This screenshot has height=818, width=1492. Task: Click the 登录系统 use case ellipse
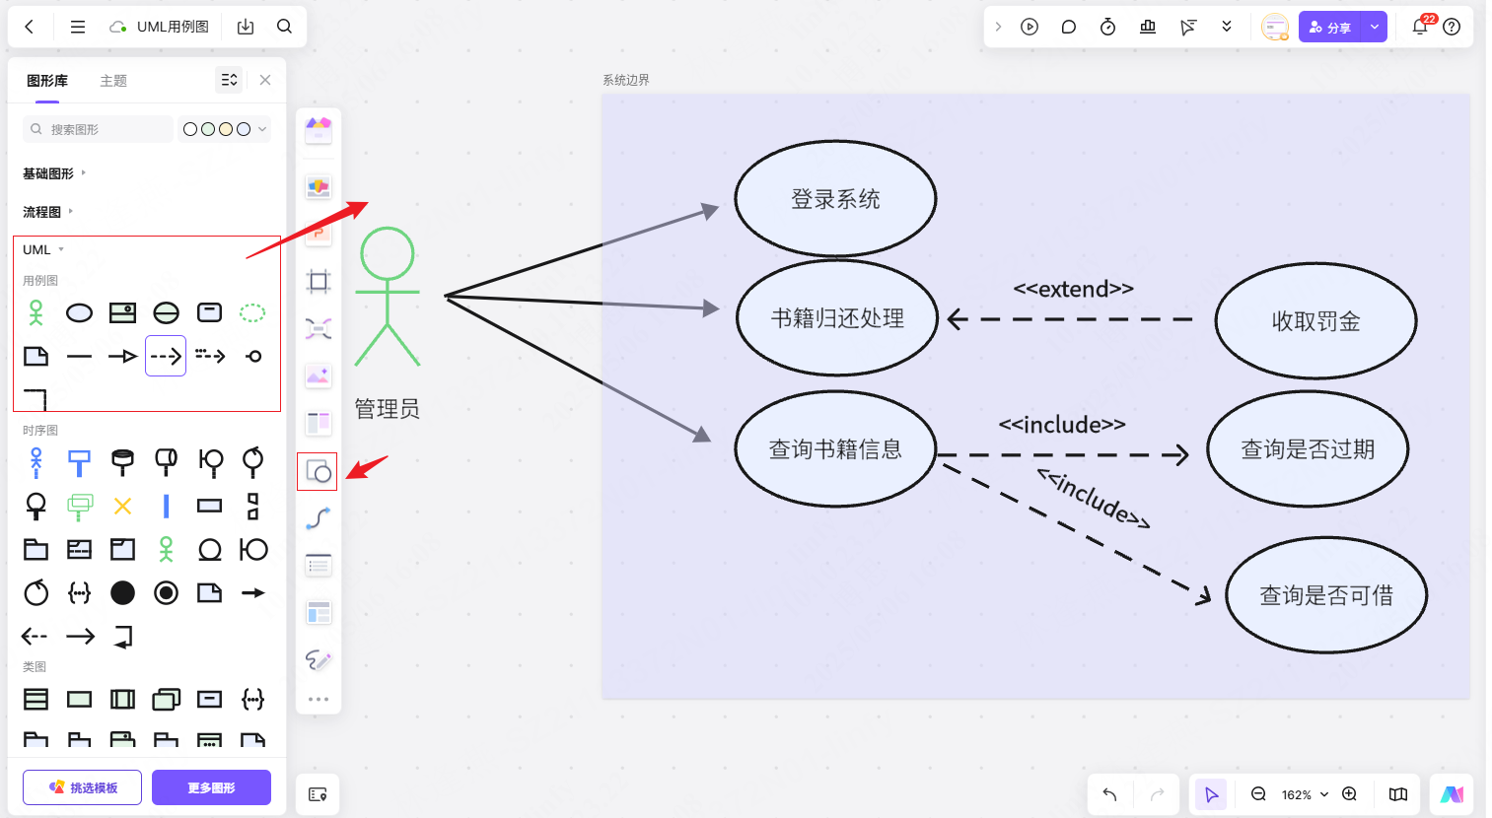(x=835, y=199)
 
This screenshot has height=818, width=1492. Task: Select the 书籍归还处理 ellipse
(x=836, y=318)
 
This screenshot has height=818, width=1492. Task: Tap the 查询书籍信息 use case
(x=835, y=449)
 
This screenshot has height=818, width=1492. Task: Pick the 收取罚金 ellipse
(x=1315, y=321)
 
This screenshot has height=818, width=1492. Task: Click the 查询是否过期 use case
(x=1308, y=449)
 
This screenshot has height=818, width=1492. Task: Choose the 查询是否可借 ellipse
(x=1326, y=595)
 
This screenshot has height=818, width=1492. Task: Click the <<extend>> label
(x=1073, y=289)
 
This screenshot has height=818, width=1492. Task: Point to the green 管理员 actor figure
(x=388, y=296)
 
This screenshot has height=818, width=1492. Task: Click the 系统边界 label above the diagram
(x=626, y=80)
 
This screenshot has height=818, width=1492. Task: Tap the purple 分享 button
(x=1330, y=28)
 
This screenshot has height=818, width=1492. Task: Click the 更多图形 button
(x=211, y=787)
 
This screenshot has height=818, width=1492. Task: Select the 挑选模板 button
(x=83, y=787)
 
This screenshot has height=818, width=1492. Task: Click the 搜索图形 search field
(x=99, y=129)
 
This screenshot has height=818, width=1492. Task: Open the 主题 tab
(x=113, y=81)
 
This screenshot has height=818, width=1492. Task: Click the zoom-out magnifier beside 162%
(x=1258, y=794)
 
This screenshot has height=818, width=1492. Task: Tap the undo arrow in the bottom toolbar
(x=1110, y=794)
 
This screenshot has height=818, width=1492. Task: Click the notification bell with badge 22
(x=1420, y=27)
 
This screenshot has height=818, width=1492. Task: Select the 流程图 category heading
(x=42, y=212)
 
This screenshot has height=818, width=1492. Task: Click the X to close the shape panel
(x=265, y=80)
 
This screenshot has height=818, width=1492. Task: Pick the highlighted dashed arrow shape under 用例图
(x=166, y=356)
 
